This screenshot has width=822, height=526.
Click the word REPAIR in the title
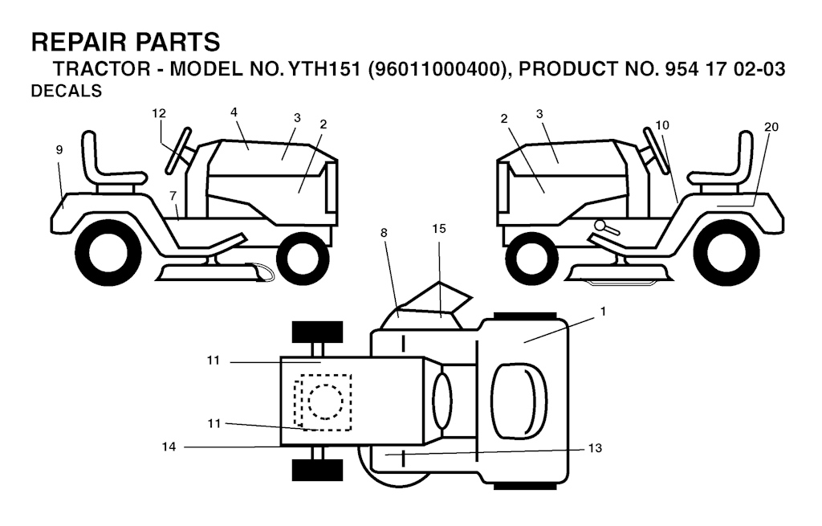click(79, 42)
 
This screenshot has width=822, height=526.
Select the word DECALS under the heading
click(67, 92)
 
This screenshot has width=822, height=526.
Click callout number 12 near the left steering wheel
click(159, 113)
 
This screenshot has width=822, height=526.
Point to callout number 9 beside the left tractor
click(59, 150)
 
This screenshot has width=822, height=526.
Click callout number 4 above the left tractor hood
click(234, 112)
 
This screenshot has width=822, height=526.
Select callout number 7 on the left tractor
click(173, 196)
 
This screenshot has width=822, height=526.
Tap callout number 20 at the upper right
click(771, 127)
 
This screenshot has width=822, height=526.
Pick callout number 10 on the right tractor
click(662, 124)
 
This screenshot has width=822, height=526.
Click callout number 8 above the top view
click(385, 233)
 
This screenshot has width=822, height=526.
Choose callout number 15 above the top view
click(439, 229)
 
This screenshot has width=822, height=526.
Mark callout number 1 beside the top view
click(603, 312)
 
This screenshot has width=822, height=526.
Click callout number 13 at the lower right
click(595, 448)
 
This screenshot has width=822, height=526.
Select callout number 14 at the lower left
click(169, 447)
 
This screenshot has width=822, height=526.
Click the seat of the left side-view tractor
click(111, 162)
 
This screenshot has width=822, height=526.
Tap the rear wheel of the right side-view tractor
click(726, 253)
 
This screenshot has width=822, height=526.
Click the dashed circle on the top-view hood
click(326, 402)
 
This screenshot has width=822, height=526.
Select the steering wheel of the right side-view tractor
click(657, 150)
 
